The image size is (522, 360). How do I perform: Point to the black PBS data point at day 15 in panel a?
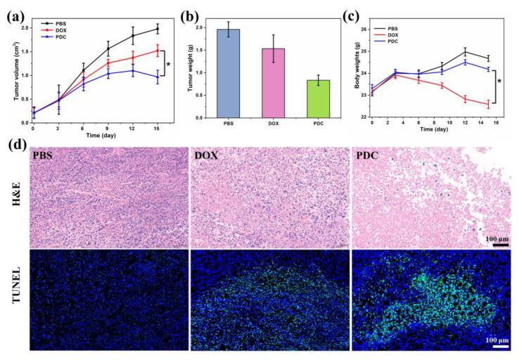[x=157, y=29]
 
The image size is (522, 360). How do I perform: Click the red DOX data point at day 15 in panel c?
[x=488, y=105]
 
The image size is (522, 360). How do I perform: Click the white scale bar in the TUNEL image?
[x=500, y=347]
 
